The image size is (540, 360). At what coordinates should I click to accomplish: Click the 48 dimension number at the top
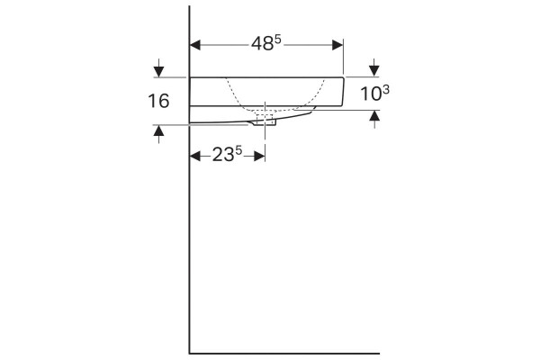click(x=262, y=44)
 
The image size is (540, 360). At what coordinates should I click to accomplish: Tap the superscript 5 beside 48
click(x=277, y=40)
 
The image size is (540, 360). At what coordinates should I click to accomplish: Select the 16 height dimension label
click(x=158, y=102)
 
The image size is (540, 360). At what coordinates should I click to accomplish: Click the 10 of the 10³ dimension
click(x=371, y=94)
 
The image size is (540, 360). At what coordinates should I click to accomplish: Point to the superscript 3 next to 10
click(x=386, y=90)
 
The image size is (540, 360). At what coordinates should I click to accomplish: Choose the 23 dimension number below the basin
click(x=223, y=155)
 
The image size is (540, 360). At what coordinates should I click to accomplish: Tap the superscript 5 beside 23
click(x=238, y=150)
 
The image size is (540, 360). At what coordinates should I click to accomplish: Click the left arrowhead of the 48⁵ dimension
click(x=195, y=45)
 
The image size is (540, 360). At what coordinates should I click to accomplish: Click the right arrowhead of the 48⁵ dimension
click(x=337, y=45)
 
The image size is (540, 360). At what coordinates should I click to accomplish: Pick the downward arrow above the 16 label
click(x=158, y=68)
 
